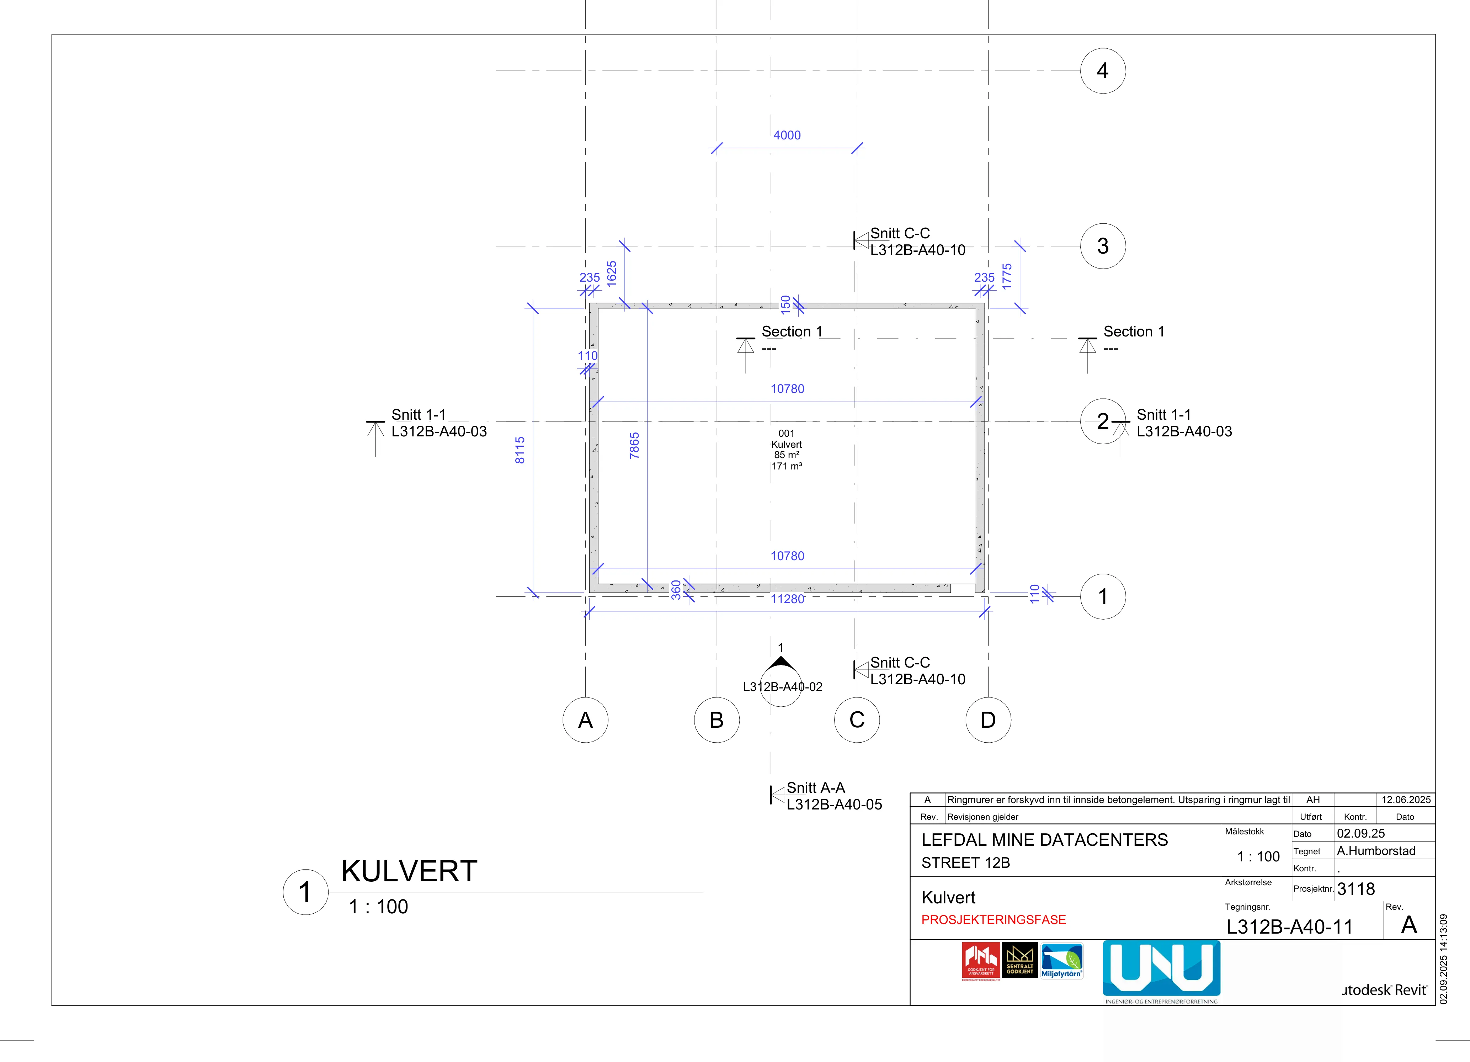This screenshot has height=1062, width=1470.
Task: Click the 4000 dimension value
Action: (787, 135)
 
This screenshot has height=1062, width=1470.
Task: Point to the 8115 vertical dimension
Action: (520, 450)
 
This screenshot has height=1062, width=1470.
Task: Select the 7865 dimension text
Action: (634, 445)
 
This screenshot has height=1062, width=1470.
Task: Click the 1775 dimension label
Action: (1007, 276)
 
